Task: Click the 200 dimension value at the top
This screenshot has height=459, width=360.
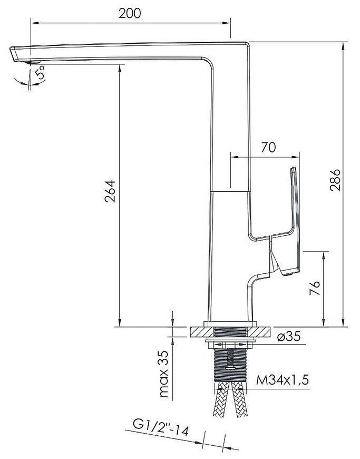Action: pyautogui.click(x=130, y=13)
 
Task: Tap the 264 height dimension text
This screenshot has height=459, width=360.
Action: pyautogui.click(x=110, y=191)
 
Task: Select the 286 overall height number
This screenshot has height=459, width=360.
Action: pyautogui.click(x=335, y=180)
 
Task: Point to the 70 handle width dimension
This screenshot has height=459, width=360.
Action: pyautogui.click(x=268, y=147)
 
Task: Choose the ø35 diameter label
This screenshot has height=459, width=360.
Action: pyautogui.click(x=289, y=337)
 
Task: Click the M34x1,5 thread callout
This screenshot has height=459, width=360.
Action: pyautogui.click(x=283, y=380)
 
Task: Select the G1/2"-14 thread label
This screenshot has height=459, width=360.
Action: pyautogui.click(x=161, y=428)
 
